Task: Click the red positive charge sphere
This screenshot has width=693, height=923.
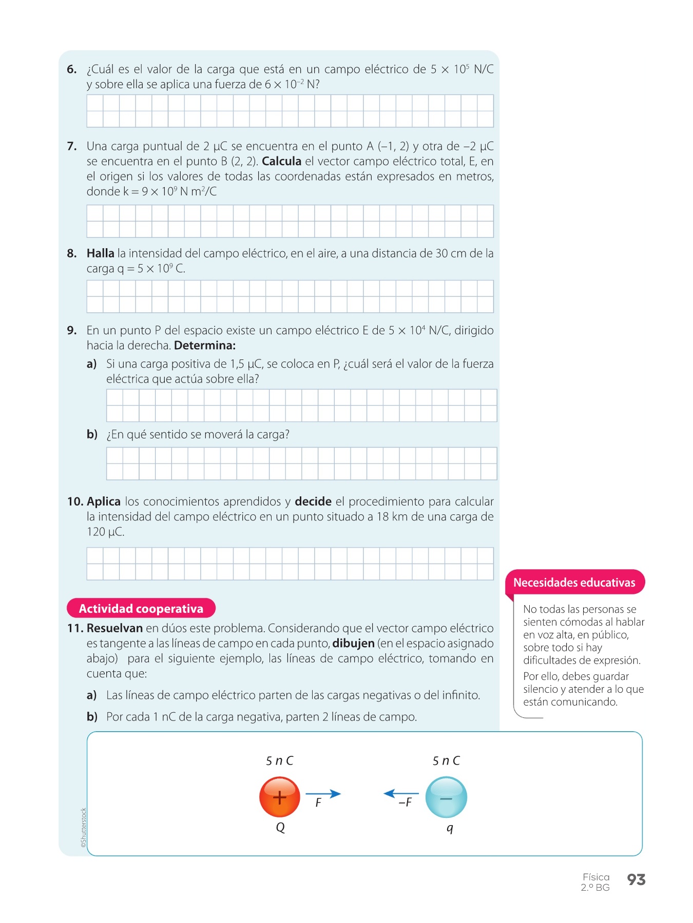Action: (279, 797)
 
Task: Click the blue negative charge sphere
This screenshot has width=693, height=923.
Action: (446, 797)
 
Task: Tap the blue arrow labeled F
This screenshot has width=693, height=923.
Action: (323, 794)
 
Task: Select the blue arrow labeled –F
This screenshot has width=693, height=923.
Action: (401, 794)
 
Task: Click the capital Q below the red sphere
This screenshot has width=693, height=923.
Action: (280, 828)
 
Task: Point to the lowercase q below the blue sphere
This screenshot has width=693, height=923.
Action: (450, 828)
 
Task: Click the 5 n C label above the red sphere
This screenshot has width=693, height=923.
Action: (279, 760)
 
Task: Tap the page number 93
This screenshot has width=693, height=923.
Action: (636, 880)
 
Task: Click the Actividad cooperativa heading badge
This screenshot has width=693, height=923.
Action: (141, 609)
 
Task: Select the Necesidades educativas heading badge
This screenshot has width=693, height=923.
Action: (574, 583)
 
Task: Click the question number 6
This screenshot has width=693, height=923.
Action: (72, 69)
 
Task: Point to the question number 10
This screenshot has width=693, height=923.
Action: (75, 501)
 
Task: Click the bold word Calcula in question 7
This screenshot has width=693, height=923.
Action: (281, 162)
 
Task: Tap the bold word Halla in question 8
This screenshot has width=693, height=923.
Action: (100, 253)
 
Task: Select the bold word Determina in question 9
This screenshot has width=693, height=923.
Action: (204, 346)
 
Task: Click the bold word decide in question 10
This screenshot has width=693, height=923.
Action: (313, 501)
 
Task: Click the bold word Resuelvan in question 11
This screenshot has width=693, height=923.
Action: (114, 628)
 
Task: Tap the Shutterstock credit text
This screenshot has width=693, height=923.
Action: (84, 824)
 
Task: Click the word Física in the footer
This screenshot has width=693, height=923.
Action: (596, 877)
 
